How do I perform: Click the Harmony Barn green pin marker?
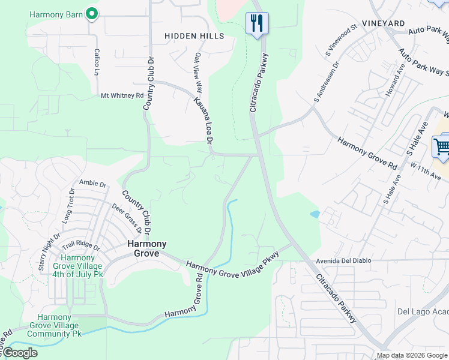pos(92,13)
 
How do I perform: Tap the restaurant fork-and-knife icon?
pos(258,23)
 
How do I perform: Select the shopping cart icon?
pos(441,146)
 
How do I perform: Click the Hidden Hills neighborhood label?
pos(194,36)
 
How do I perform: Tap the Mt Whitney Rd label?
pos(122,95)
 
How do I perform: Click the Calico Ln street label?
pos(96,62)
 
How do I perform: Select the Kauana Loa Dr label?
pos(203,121)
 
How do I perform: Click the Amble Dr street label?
pos(92,183)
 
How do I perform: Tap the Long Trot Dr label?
pos(68,203)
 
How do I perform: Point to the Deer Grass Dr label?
pos(127,218)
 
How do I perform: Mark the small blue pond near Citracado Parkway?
pos(315,214)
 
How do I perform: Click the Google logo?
pos(20,353)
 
